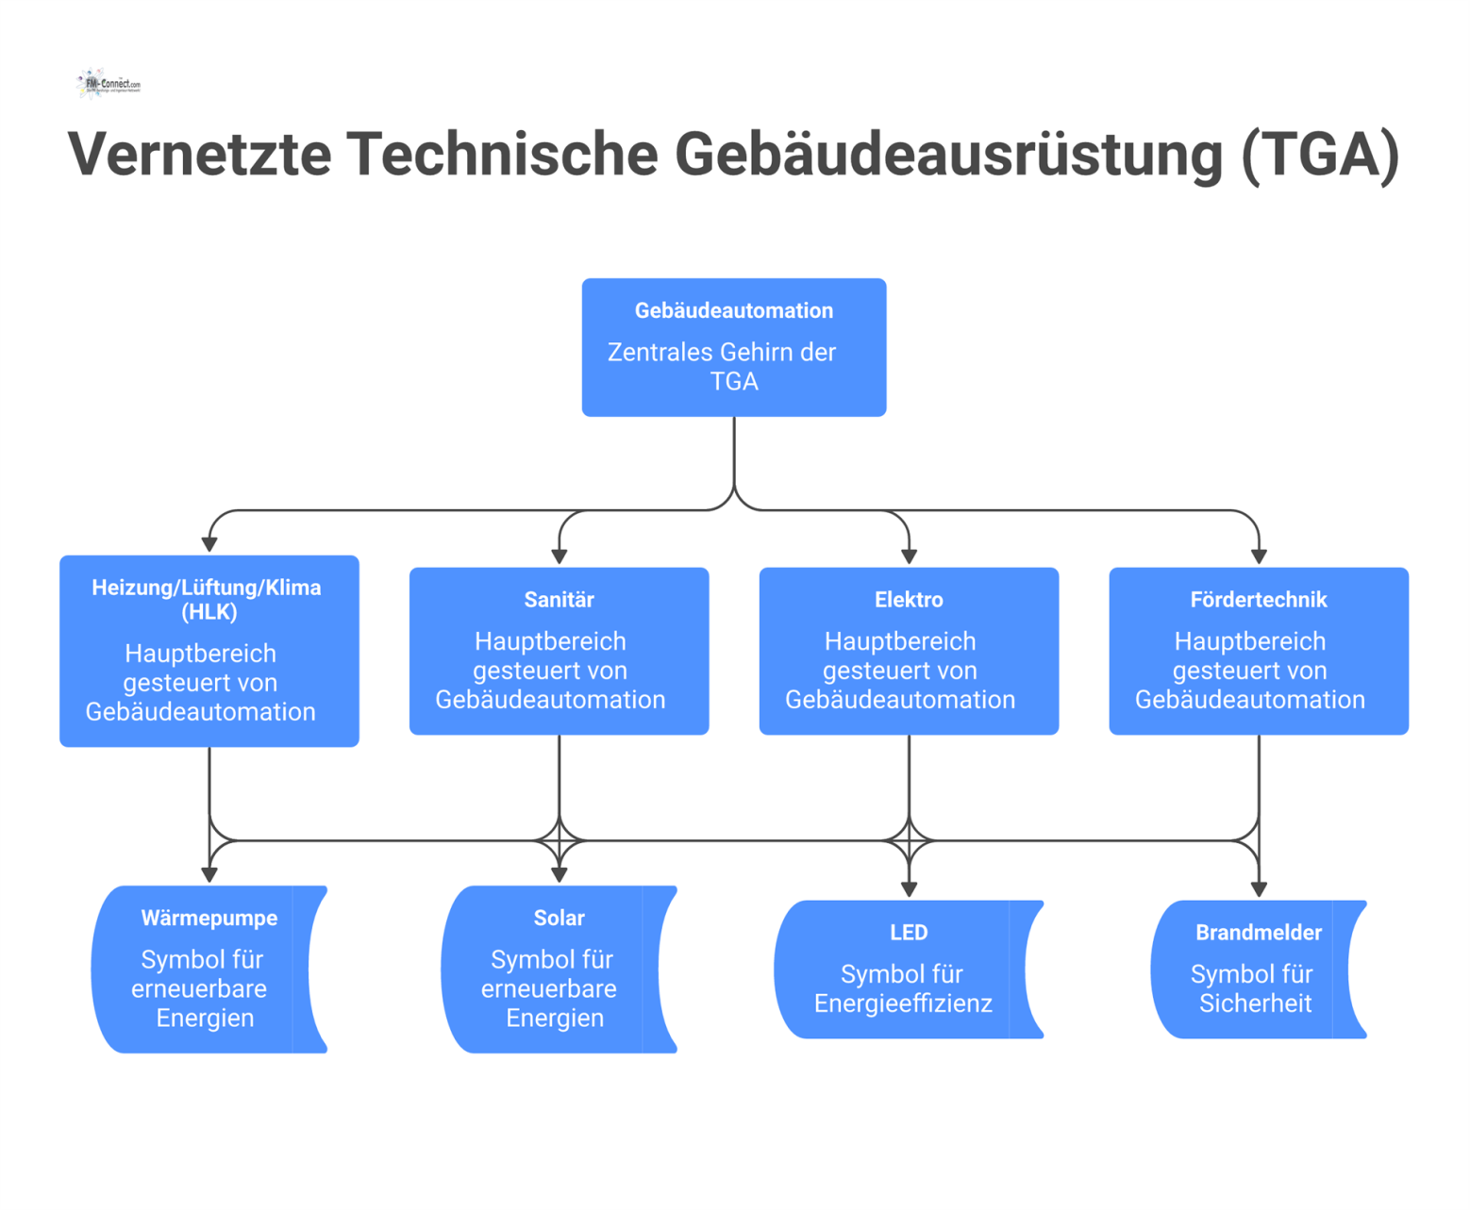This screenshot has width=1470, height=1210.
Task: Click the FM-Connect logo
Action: click(108, 84)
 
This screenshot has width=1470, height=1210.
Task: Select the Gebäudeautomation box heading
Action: click(733, 310)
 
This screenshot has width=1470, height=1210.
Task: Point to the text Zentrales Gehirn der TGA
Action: click(724, 367)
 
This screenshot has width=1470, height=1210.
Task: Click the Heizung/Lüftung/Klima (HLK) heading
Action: click(207, 599)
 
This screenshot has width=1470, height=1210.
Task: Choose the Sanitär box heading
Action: click(559, 600)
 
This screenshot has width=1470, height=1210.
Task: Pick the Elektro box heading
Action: click(909, 600)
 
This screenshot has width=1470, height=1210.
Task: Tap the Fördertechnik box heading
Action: click(1258, 600)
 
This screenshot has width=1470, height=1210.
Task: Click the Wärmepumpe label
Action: click(209, 918)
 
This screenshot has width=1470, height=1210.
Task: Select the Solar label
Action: click(559, 918)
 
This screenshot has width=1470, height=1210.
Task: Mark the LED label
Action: click(909, 933)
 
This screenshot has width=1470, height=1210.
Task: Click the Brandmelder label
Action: click(1258, 933)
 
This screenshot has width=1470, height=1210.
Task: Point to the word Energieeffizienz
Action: click(903, 1003)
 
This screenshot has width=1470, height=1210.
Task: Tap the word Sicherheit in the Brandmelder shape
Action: click(1255, 1003)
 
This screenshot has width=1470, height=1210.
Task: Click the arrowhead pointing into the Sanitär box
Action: click(560, 557)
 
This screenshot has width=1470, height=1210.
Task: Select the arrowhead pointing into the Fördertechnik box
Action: click(1259, 557)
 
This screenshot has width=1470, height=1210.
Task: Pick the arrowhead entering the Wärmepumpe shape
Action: click(209, 875)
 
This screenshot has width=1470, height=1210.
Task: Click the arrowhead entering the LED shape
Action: click(909, 889)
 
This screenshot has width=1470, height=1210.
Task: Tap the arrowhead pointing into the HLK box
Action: click(209, 545)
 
